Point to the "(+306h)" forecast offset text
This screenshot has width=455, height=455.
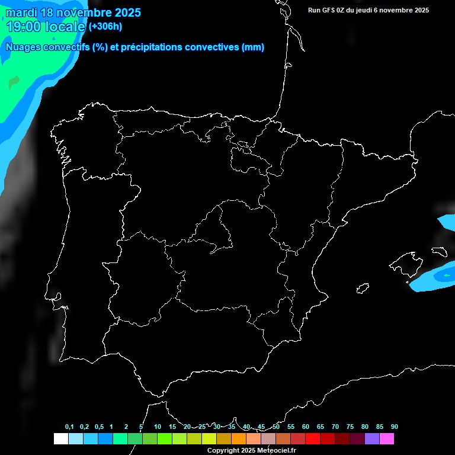click(105, 27)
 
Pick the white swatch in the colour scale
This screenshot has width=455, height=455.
click(60, 439)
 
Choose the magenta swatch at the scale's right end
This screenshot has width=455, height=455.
click(387, 439)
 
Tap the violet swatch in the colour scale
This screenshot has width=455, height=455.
click(372, 439)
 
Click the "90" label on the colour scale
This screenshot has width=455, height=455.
click(395, 427)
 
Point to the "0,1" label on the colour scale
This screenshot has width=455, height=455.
click(69, 427)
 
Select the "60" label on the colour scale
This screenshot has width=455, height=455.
click(306, 427)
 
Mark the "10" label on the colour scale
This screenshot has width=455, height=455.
click(158, 427)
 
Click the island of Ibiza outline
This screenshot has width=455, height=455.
click(363, 289)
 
